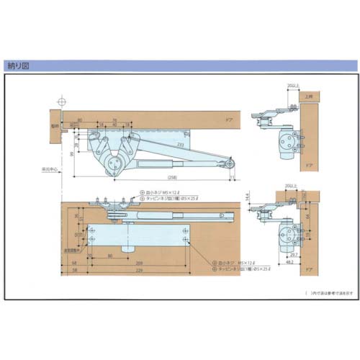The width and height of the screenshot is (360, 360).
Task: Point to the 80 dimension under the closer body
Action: click(110, 255)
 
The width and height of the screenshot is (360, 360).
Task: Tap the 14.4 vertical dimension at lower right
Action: click(248, 196)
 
